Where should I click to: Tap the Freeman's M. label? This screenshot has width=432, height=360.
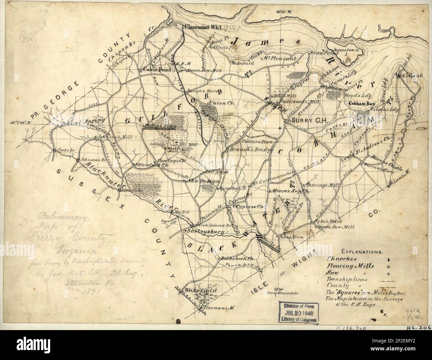click(219, 308)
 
